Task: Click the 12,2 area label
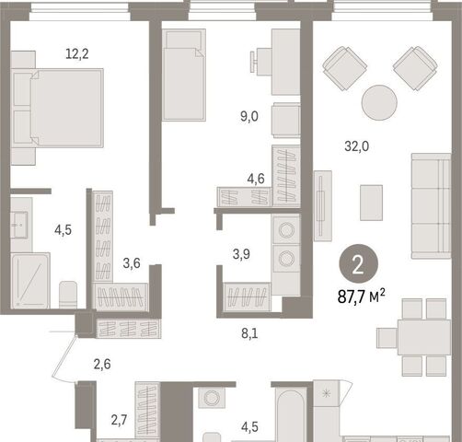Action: [x=77, y=54]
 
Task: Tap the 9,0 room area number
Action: [x=249, y=117]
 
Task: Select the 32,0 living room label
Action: [x=357, y=146]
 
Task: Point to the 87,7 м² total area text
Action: [x=362, y=297]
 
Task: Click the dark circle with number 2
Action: [x=358, y=264]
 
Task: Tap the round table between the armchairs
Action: [x=379, y=102]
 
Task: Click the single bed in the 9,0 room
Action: [x=184, y=75]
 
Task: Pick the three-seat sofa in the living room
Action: [x=431, y=205]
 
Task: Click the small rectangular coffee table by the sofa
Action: [x=371, y=203]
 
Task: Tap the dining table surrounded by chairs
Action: [x=424, y=338]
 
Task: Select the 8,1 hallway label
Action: [x=249, y=333]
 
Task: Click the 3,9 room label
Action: [x=241, y=254]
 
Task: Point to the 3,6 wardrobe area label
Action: [x=132, y=263]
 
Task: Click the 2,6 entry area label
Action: [x=102, y=365]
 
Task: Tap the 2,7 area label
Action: [x=119, y=420]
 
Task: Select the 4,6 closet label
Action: [x=256, y=179]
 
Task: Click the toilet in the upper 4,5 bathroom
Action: [x=68, y=295]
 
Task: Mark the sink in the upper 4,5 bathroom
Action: [x=19, y=225]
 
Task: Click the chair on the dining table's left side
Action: [x=387, y=338]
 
